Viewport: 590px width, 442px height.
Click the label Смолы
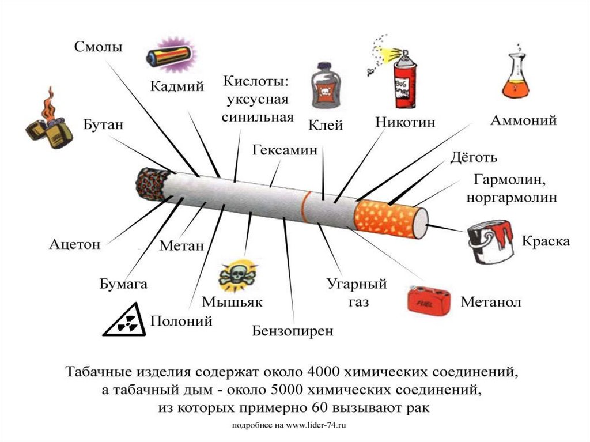(99, 47)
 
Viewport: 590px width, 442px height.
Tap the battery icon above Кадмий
(169, 56)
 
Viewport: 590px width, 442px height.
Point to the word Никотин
(405, 123)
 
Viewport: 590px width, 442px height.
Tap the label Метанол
(491, 303)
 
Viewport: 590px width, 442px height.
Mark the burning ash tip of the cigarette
(150, 184)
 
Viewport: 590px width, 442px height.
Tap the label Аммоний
(523, 121)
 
